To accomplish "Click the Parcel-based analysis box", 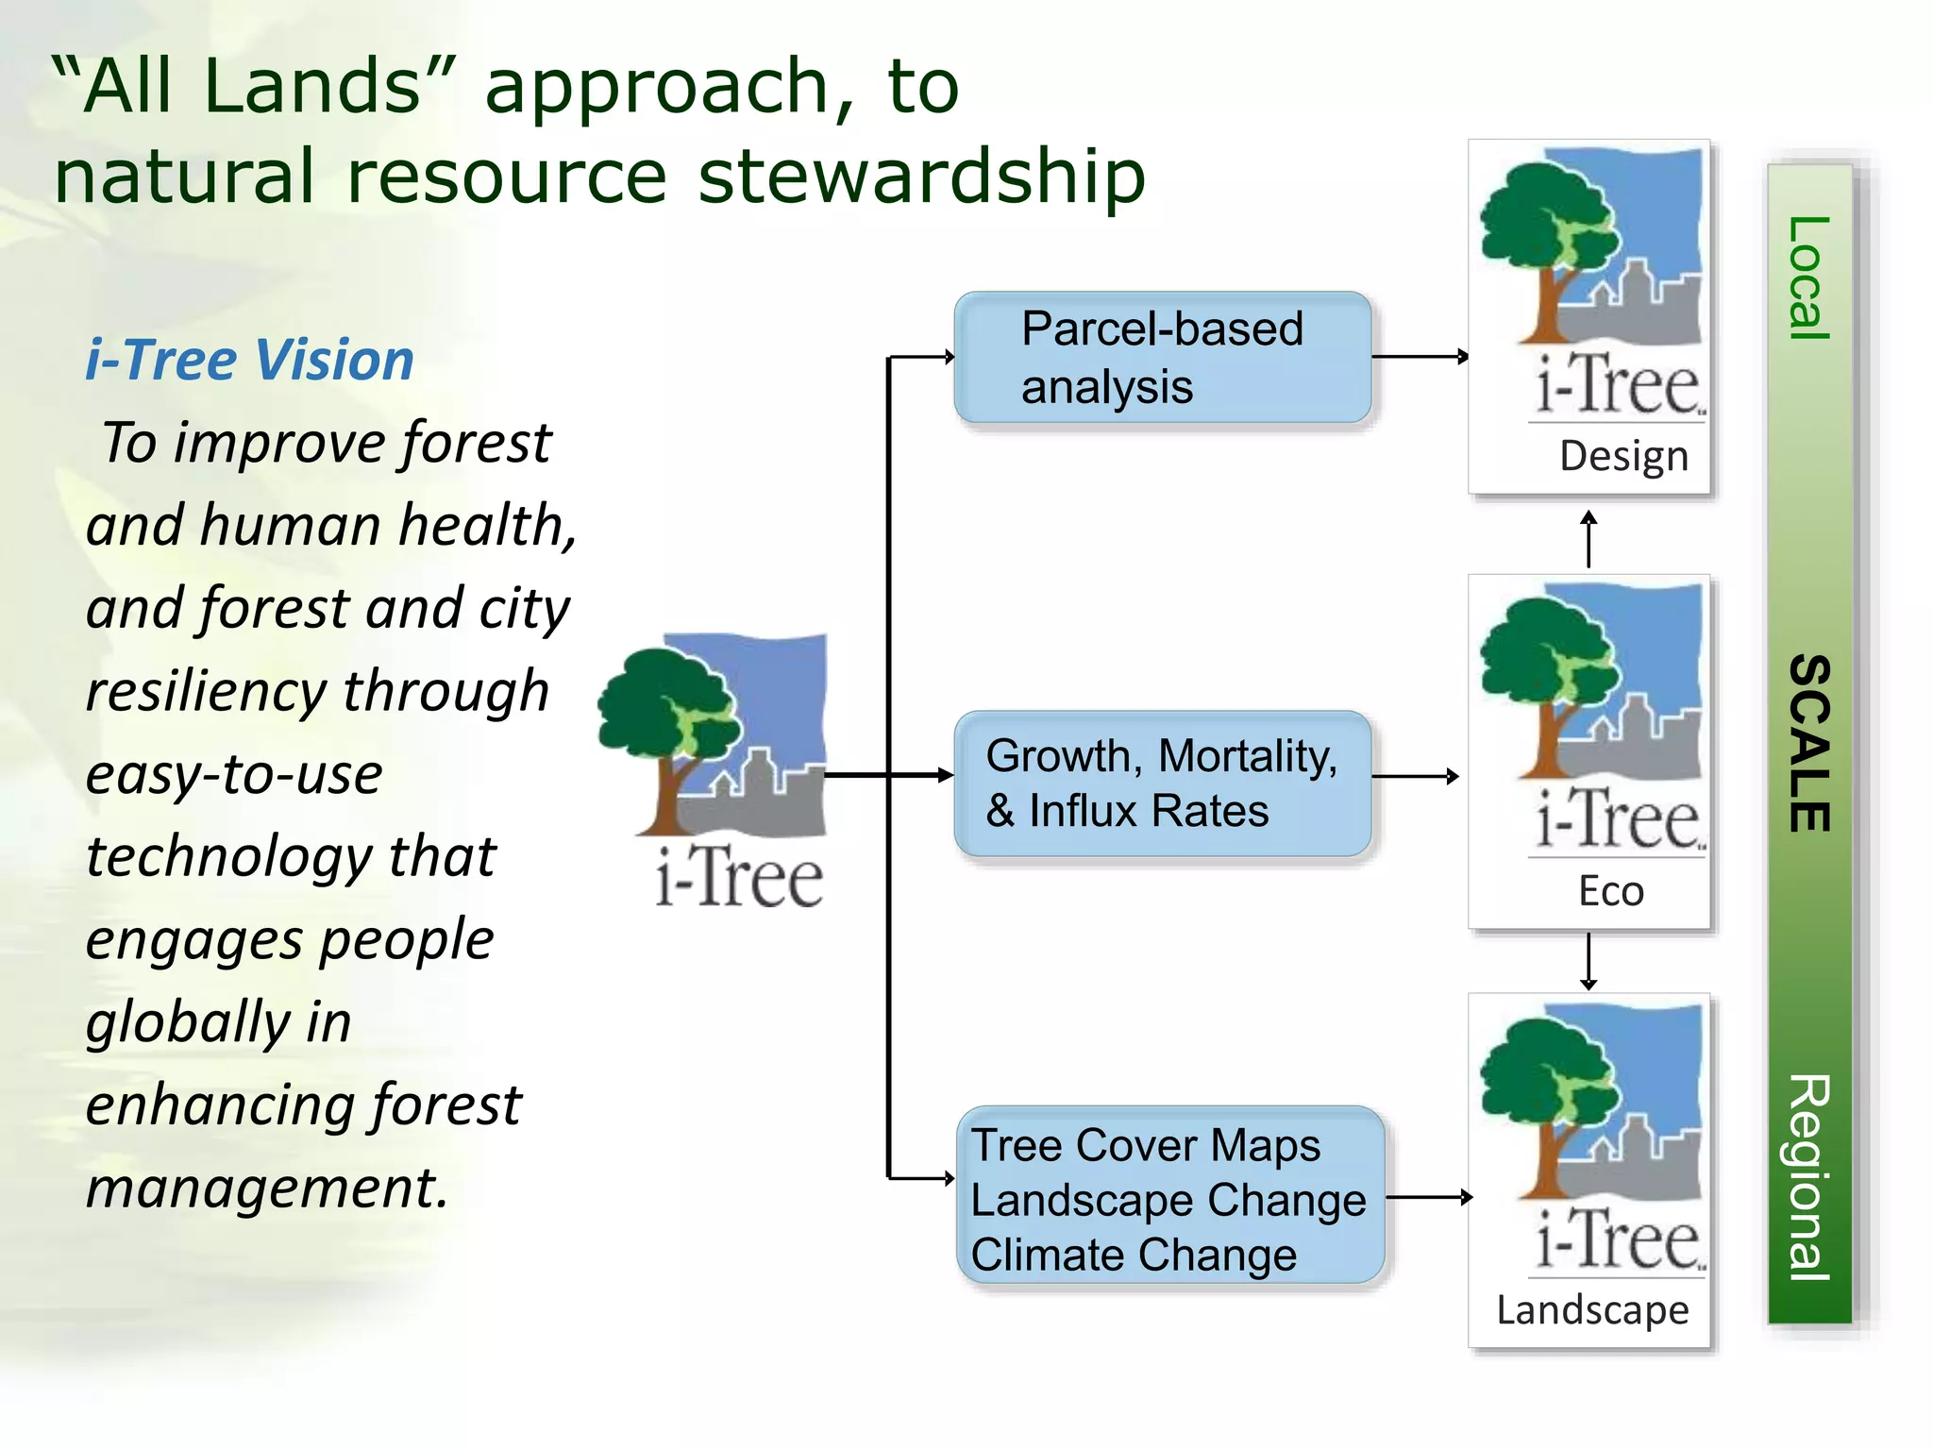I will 1162,358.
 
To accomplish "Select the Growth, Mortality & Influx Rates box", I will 1162,784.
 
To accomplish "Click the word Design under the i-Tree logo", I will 1623,457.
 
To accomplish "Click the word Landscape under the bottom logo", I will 1592,1310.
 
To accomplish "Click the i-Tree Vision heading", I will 249,361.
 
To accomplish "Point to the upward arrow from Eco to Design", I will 1589,539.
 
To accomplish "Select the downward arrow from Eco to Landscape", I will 1589,961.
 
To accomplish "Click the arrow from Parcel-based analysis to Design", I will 1420,357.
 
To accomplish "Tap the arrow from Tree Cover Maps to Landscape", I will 1429,1197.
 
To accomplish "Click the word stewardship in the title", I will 921,177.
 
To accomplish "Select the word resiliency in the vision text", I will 213,691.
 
